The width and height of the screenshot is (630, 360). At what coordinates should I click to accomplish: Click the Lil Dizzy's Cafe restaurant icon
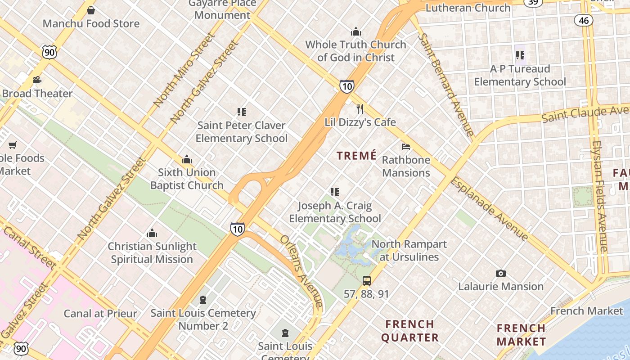click(x=360, y=109)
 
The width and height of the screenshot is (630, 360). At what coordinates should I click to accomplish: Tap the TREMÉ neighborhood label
click(x=356, y=156)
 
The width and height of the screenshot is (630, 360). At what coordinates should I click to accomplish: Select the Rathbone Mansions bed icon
click(x=406, y=147)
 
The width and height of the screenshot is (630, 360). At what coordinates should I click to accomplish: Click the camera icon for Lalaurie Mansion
click(x=500, y=273)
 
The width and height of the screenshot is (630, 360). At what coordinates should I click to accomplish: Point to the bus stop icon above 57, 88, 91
click(x=366, y=281)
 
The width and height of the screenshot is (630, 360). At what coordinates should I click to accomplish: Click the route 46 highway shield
click(x=584, y=20)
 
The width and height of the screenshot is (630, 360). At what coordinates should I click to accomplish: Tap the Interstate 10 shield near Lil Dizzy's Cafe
click(x=346, y=86)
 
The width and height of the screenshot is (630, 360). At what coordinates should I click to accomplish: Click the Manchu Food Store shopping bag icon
click(x=91, y=10)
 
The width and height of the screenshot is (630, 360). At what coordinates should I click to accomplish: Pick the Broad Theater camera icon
click(x=37, y=80)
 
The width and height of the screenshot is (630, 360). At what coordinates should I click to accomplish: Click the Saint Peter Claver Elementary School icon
click(x=242, y=112)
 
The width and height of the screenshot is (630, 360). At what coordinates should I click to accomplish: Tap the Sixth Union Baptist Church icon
click(x=187, y=159)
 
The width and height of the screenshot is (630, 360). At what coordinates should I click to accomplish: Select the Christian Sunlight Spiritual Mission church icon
click(x=152, y=233)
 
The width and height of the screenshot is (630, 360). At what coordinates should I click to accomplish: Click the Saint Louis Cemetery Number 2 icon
click(x=203, y=300)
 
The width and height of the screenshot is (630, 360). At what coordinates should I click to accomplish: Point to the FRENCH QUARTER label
click(x=409, y=331)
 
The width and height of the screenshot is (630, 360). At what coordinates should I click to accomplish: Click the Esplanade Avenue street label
click(x=489, y=208)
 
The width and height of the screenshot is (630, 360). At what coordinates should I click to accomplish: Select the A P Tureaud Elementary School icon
click(x=520, y=56)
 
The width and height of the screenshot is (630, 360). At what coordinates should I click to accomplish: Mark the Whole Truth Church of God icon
click(x=356, y=31)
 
